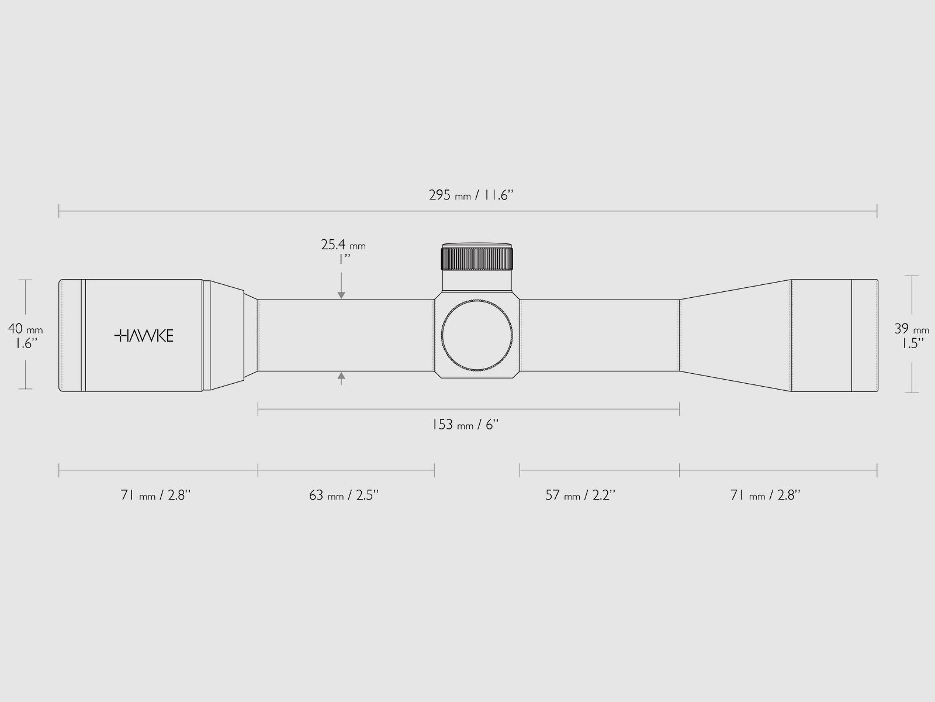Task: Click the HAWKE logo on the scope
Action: coord(144,335)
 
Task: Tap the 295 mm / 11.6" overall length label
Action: coord(470,195)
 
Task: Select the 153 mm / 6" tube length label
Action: coord(465,425)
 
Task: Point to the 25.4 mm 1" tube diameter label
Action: coord(343,252)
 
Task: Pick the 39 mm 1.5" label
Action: coord(912,336)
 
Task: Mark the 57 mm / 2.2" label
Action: coord(581,495)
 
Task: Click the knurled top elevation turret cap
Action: coord(477,257)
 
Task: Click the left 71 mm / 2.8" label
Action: coord(156,495)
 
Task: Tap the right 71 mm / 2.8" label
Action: coord(766,495)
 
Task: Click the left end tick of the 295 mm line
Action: coord(59,211)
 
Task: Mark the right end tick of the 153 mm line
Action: coord(679,408)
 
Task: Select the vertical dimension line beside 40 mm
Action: coord(25,304)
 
